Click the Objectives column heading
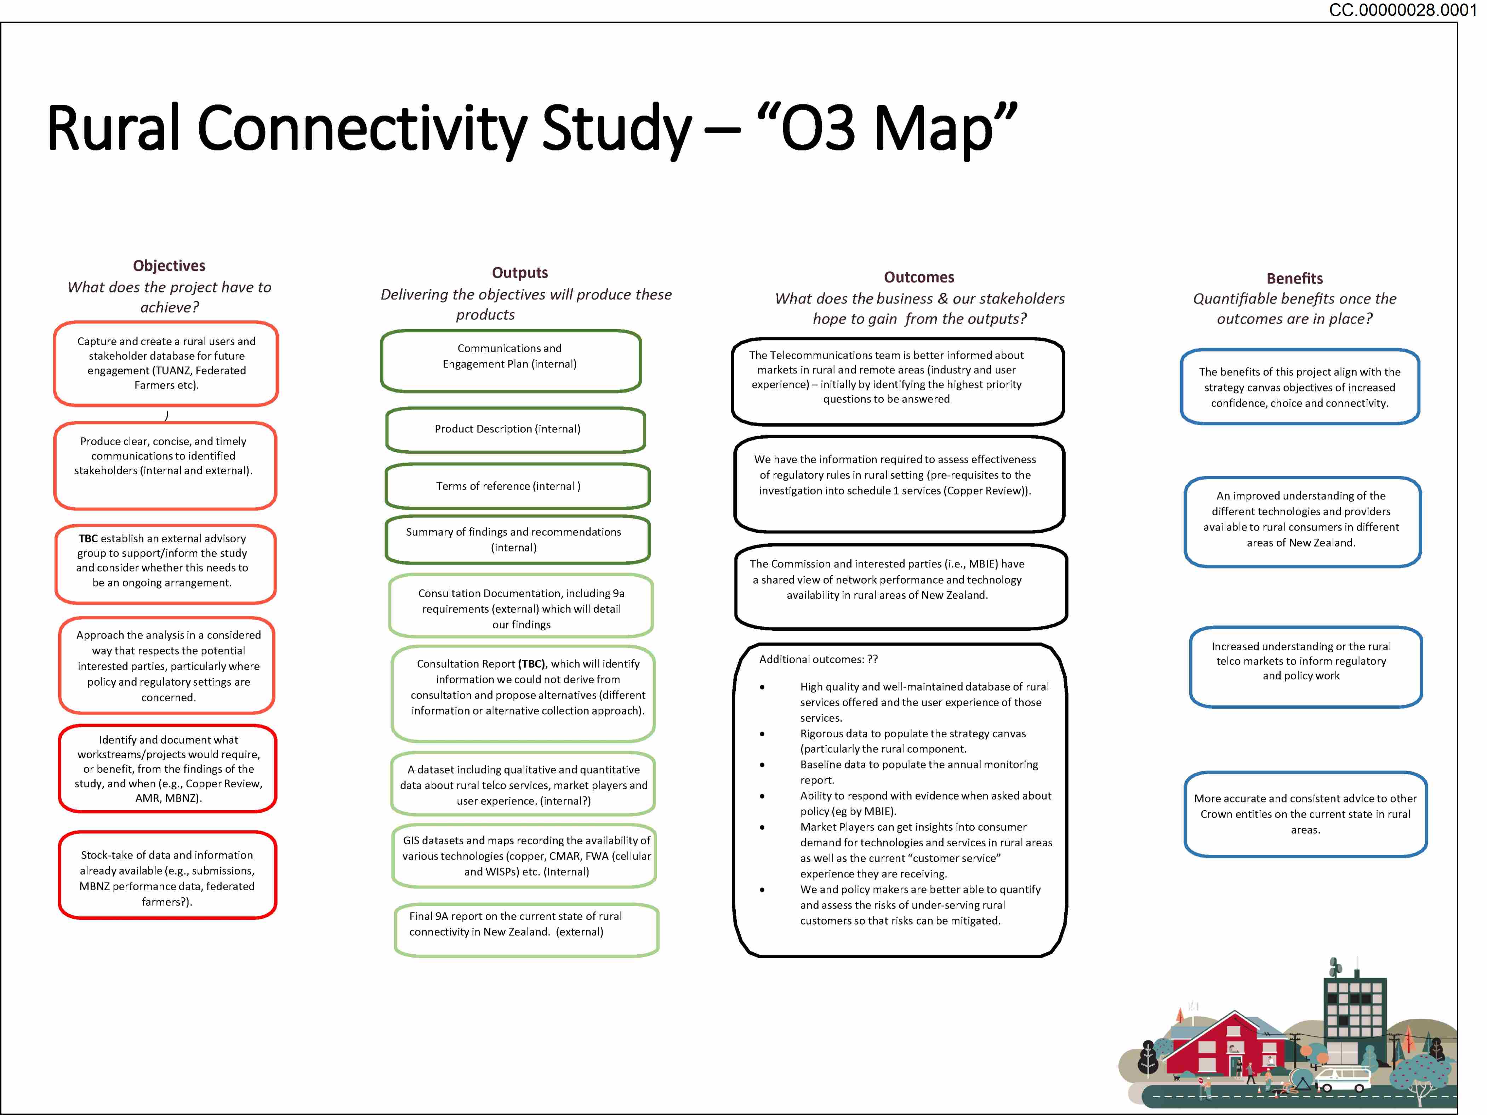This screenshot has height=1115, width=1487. point(169,265)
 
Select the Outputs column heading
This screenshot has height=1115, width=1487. point(520,272)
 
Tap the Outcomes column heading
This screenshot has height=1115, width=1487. point(918,277)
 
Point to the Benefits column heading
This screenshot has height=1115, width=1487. point(1294,278)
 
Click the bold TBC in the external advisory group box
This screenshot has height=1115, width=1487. point(88,538)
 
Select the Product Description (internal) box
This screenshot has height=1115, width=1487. point(515,429)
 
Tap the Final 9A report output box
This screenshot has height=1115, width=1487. point(526,930)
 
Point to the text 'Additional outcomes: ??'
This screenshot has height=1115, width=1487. point(818,659)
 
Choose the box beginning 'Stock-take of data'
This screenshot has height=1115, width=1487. point(167,875)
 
